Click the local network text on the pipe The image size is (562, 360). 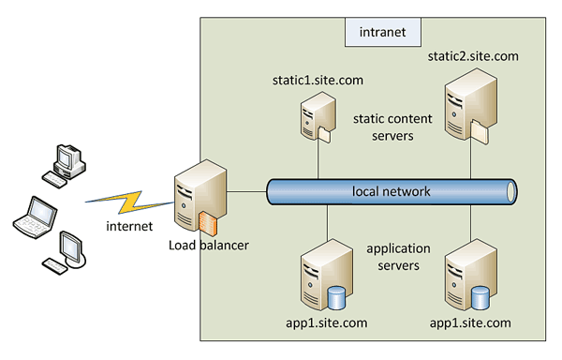pos(392,191)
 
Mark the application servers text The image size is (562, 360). pos(398,257)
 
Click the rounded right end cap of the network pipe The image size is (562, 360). pos(510,191)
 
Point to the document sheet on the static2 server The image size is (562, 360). pos(480,133)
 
